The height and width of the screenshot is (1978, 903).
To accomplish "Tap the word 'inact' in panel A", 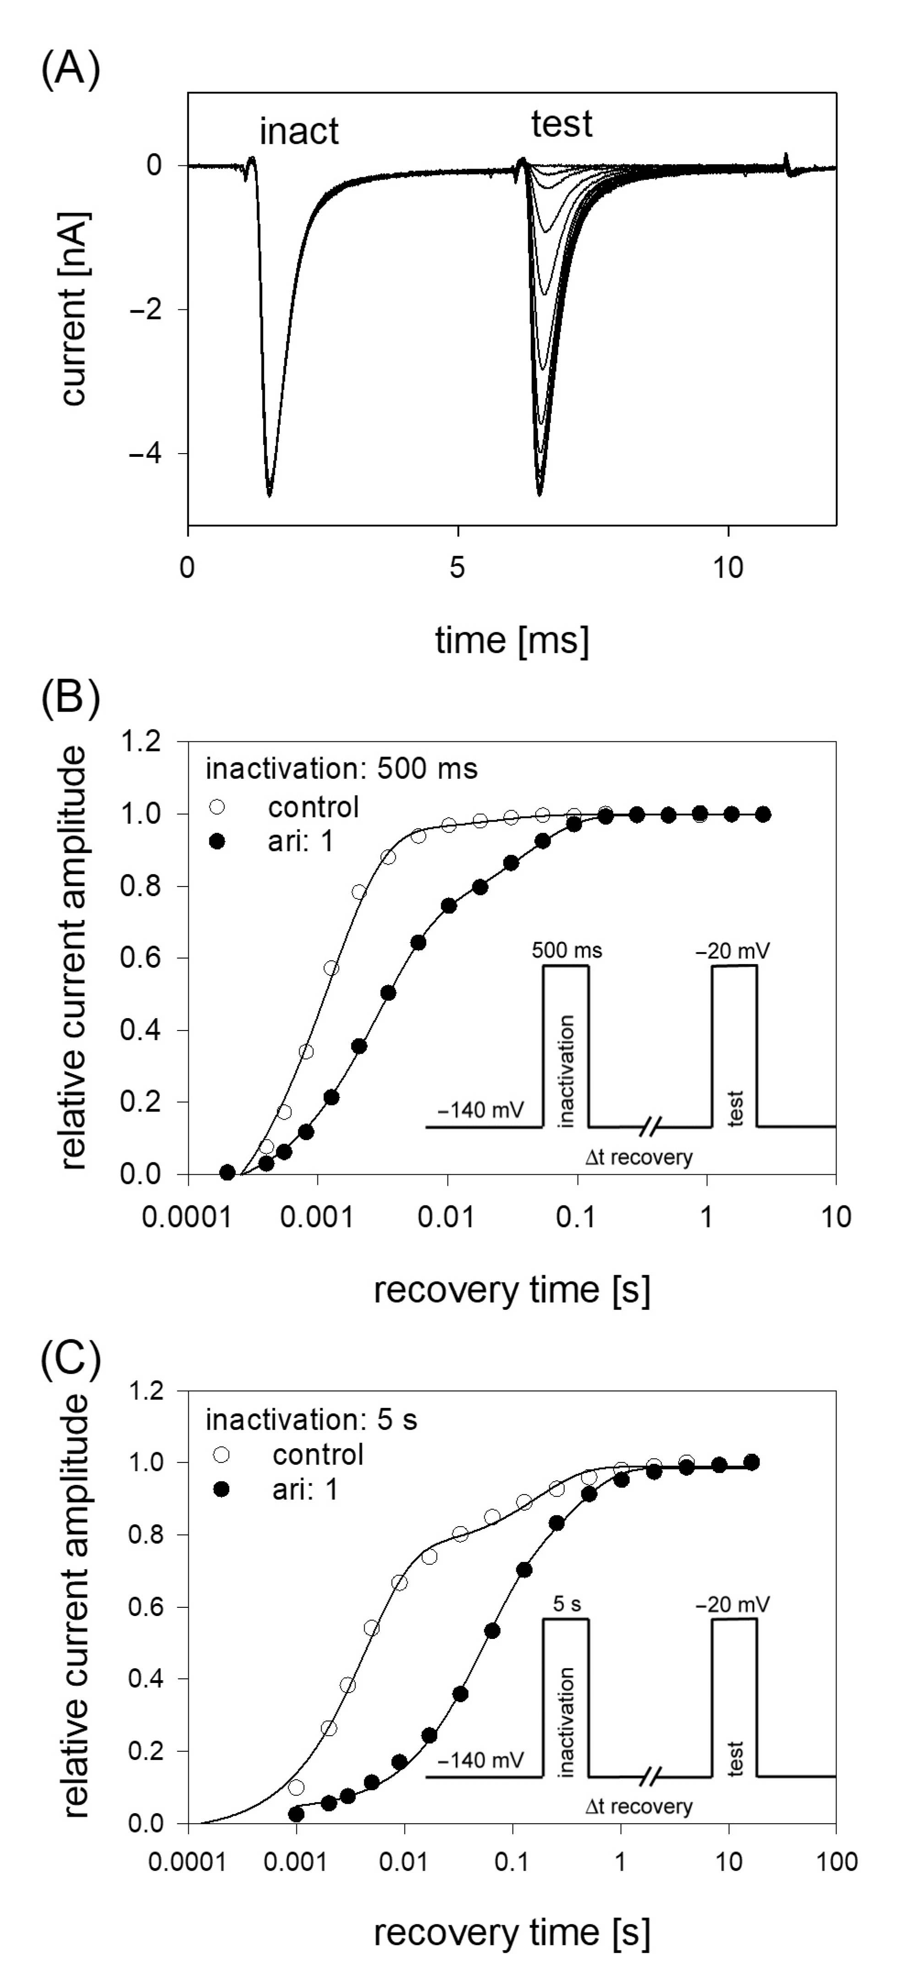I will pos(299,132).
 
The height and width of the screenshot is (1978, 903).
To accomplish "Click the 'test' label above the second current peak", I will pos(561,124).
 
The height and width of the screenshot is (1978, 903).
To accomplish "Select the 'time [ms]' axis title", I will pos(511,640).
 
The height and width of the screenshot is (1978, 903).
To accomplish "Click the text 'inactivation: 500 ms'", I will pos(341,769).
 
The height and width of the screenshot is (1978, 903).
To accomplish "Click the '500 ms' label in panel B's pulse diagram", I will pos(567,951).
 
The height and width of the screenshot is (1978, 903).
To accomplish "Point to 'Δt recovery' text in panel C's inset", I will pos(638,1806).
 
